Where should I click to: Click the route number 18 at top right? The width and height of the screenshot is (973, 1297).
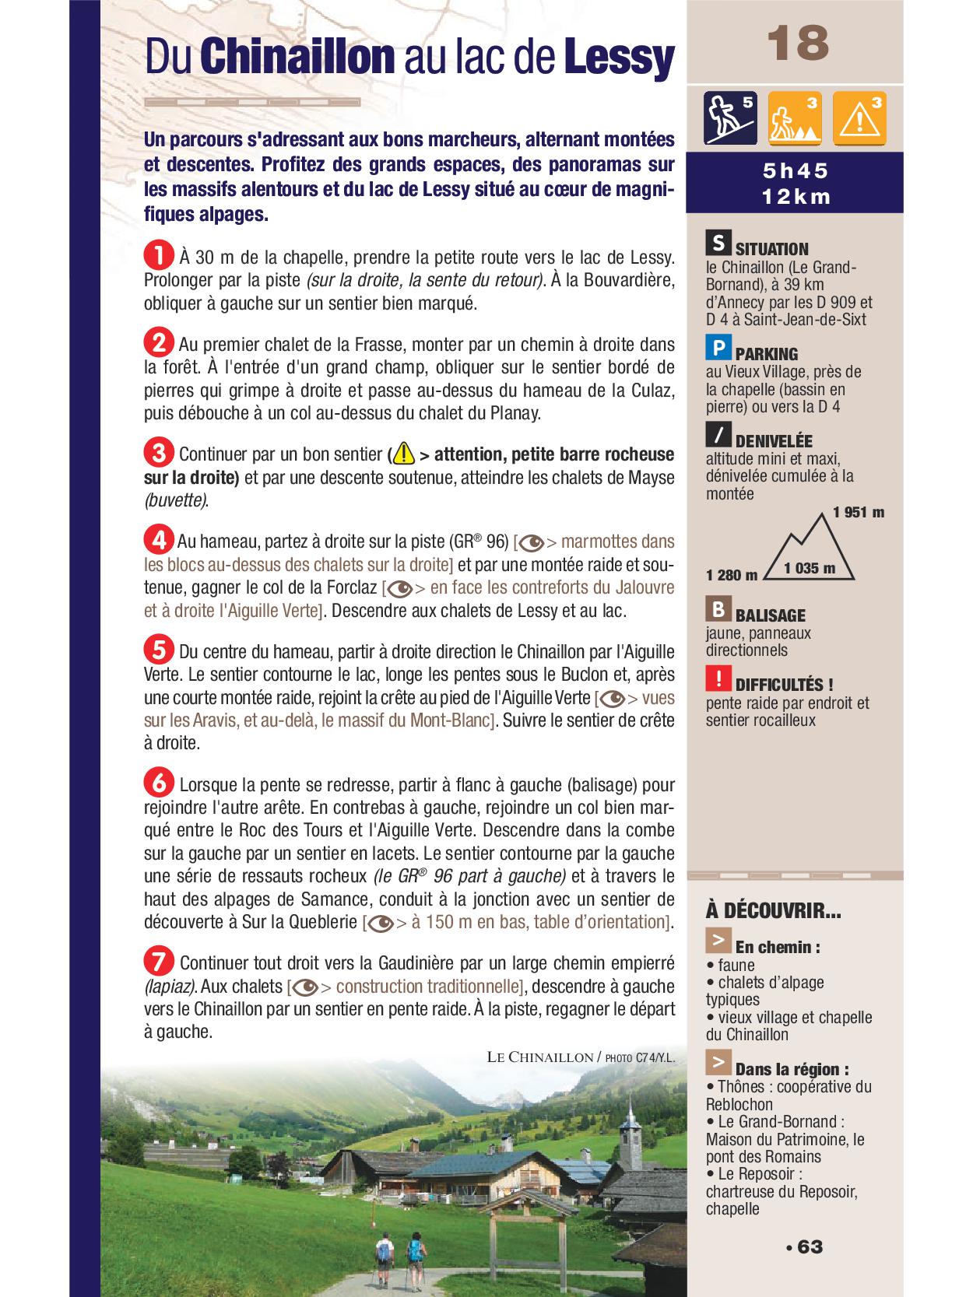(797, 43)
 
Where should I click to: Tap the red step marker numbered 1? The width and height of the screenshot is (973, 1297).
(158, 254)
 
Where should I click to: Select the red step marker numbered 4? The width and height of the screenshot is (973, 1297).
(158, 539)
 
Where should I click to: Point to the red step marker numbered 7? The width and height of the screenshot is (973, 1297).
(158, 962)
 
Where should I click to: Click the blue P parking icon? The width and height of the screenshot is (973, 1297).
(718, 346)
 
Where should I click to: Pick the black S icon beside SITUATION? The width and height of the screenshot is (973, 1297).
(718, 243)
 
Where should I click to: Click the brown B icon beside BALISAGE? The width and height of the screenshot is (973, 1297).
(718, 608)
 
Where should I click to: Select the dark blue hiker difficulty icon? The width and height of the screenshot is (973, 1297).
(730, 118)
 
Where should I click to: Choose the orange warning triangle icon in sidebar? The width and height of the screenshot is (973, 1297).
(859, 118)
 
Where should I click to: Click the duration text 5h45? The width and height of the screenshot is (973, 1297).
(796, 171)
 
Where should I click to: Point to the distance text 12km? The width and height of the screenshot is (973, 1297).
(796, 196)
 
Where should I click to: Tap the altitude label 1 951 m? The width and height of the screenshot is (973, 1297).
(859, 512)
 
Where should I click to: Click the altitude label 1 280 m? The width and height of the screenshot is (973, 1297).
(732, 576)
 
